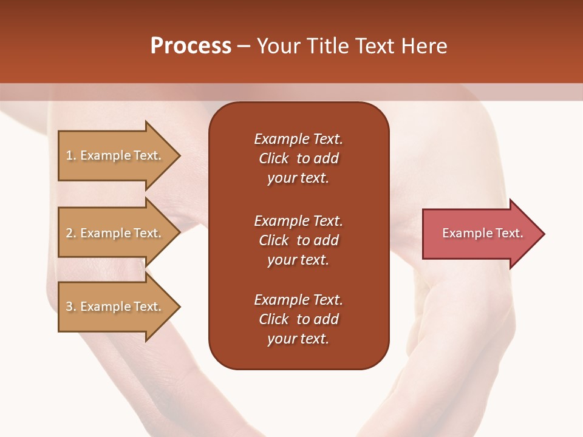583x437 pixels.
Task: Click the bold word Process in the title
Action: pos(191,46)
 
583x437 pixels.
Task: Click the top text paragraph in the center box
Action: pos(298,158)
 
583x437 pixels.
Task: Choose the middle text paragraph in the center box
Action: pos(298,240)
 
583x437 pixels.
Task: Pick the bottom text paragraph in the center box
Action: pos(298,319)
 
